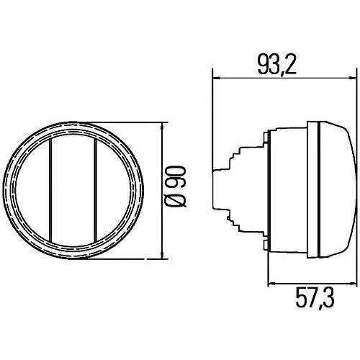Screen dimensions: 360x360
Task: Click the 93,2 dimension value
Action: point(276,66)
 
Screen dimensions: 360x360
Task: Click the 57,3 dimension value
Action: point(315,299)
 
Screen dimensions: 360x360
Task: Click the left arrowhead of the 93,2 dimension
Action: point(217,78)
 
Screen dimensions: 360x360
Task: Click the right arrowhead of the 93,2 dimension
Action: point(351,78)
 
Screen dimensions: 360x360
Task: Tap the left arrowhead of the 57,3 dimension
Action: point(271,284)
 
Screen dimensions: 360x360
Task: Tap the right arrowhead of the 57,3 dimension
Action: point(351,284)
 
